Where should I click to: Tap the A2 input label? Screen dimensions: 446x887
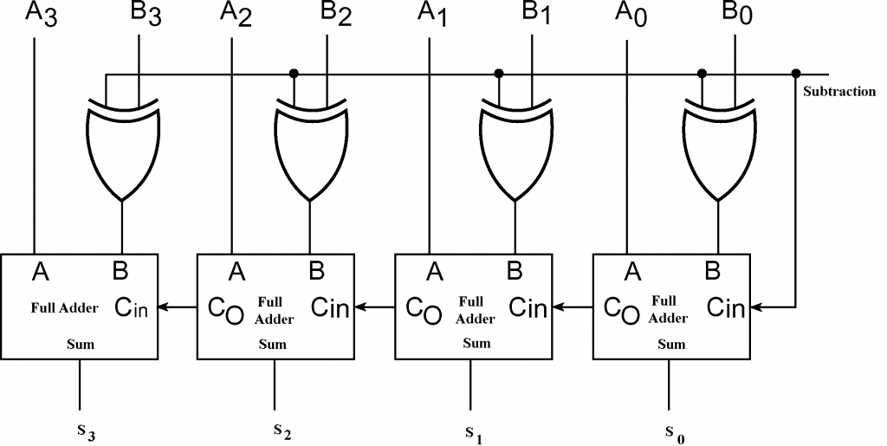click(x=236, y=16)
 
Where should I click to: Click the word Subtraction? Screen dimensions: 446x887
click(x=839, y=92)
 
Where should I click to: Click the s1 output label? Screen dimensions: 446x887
click(x=472, y=430)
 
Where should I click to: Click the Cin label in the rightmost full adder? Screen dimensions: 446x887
click(x=725, y=307)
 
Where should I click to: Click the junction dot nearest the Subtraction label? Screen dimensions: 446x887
click(x=796, y=73)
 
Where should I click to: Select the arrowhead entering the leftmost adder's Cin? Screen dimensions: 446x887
click(x=165, y=307)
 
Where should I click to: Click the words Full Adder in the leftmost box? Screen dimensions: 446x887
click(x=65, y=307)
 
